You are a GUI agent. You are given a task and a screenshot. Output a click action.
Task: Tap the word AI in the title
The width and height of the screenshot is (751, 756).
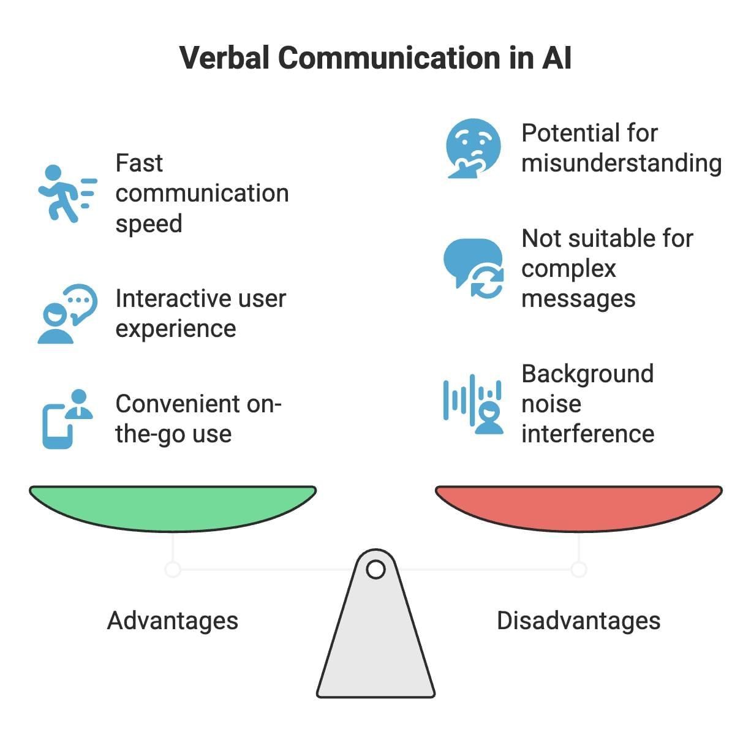[556, 58]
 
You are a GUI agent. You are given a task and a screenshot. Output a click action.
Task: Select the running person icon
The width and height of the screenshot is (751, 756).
[67, 193]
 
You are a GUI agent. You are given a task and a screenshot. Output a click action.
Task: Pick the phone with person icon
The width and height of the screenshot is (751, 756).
[67, 419]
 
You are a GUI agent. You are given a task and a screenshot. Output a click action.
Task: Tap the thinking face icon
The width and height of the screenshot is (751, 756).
[473, 148]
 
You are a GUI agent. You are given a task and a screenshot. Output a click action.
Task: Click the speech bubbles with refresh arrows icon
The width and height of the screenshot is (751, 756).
[474, 268]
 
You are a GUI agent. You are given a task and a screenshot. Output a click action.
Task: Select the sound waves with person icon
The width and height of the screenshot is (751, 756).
[473, 404]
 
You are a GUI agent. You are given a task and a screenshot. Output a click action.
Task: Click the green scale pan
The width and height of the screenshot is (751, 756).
[173, 506]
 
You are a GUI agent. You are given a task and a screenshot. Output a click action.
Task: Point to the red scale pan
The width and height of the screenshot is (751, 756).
[578, 506]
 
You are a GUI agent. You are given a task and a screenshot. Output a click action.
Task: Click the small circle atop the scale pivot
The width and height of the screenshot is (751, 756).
[375, 570]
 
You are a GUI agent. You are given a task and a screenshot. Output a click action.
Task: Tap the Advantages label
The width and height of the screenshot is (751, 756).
[173, 621]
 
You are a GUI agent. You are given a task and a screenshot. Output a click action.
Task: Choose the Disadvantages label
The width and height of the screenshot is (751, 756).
[578, 621]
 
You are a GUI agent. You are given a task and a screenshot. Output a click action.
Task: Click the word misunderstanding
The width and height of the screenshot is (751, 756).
[621, 164]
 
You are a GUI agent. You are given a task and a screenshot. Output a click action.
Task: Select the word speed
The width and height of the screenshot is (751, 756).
[149, 224]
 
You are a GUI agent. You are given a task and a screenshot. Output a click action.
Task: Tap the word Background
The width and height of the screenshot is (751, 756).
[587, 374]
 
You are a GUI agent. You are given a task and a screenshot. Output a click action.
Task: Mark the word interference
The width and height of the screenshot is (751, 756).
[587, 434]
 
